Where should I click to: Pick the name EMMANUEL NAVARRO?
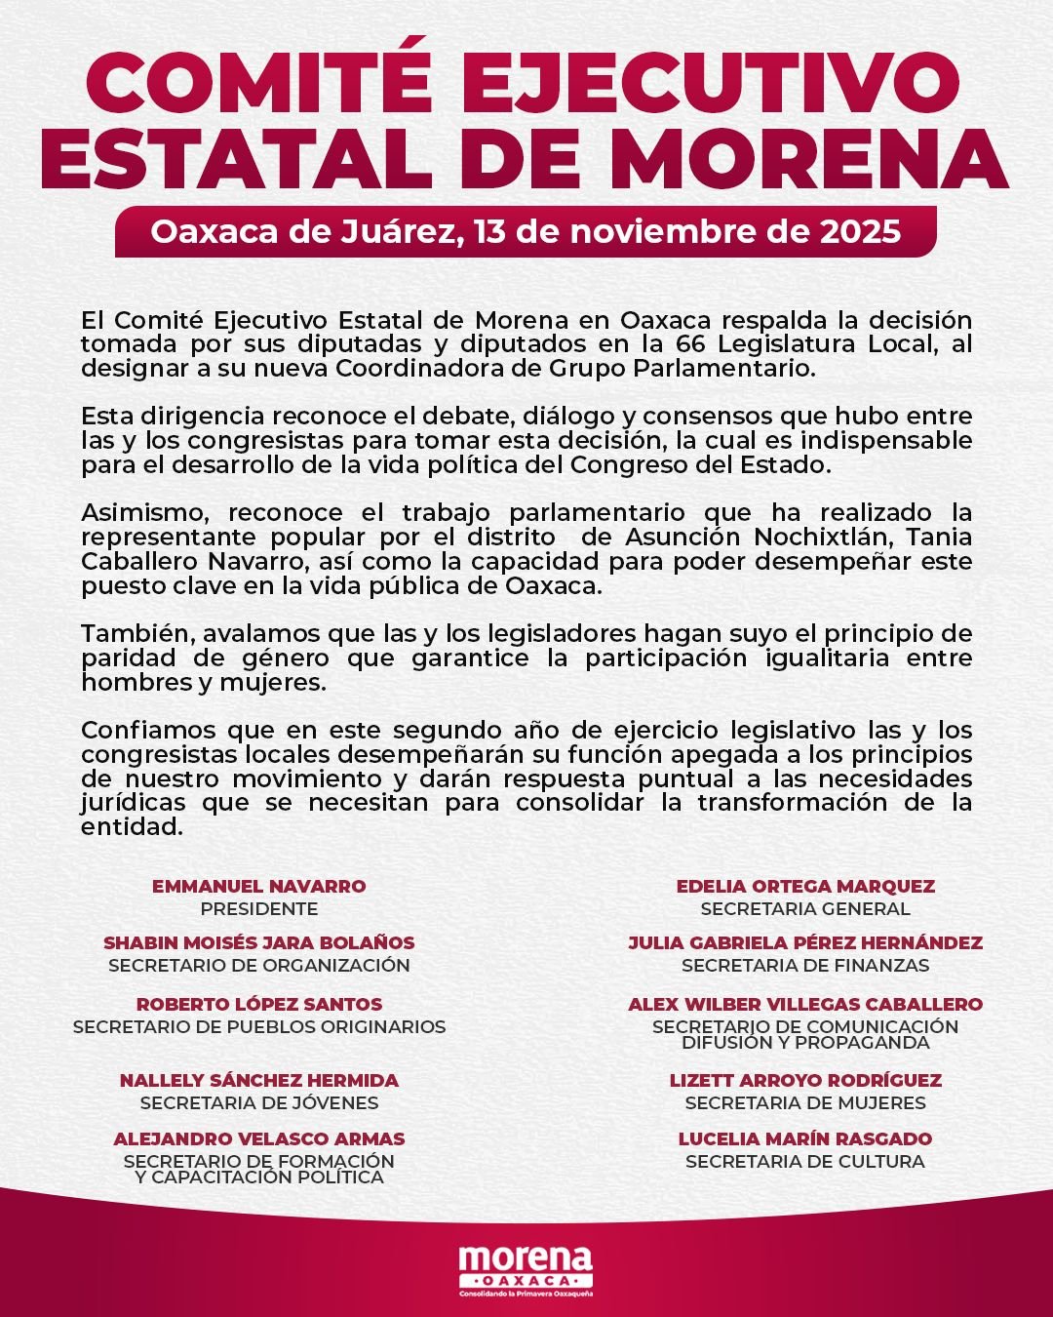coord(259,886)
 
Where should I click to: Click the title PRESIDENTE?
coord(259,909)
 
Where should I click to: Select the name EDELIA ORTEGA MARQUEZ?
coord(805,886)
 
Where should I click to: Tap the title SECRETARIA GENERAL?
coord(805,909)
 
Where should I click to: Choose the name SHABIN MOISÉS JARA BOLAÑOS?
coord(259,943)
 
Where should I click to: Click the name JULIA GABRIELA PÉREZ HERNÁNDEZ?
coord(805,943)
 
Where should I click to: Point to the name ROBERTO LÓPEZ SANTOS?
coord(259,1004)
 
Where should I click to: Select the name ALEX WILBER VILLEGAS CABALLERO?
coord(805,1004)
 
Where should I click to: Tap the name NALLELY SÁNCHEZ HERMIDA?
coord(259,1081)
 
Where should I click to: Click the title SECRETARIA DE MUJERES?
coord(805,1103)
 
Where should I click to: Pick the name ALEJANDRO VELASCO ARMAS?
coord(259,1138)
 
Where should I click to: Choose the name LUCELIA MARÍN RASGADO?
coord(805,1138)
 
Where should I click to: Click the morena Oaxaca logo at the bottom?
coord(526,1268)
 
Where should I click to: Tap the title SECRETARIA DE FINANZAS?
coord(805,966)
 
